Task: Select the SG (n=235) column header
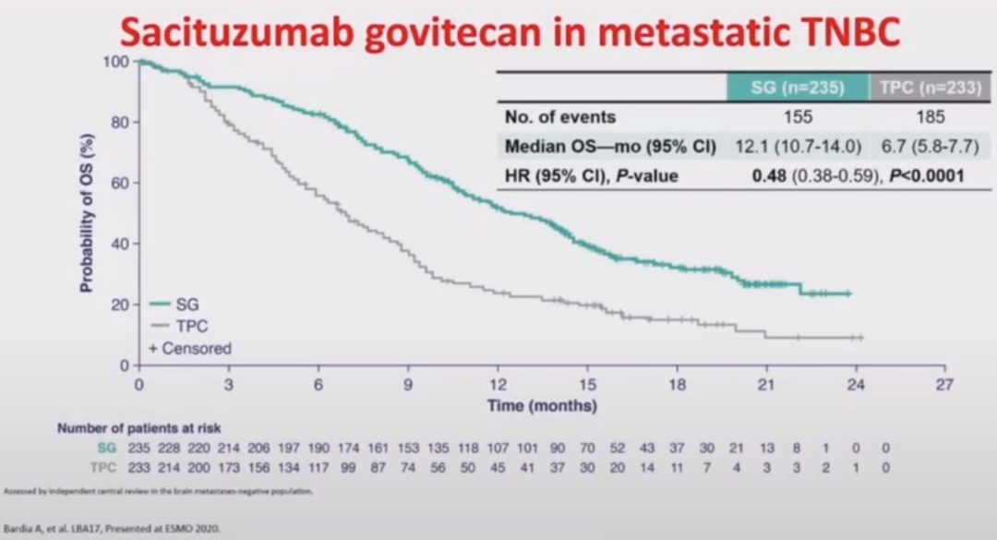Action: (798, 89)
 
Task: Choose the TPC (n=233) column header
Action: (930, 89)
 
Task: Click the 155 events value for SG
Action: (798, 117)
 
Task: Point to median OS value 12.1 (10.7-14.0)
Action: (797, 146)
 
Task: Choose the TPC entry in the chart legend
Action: (190, 326)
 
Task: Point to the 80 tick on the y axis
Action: (119, 122)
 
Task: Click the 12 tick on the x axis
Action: (498, 385)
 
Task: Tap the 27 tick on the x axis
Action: (943, 385)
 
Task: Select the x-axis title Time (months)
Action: (542, 406)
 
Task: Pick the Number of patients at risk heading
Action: (138, 428)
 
